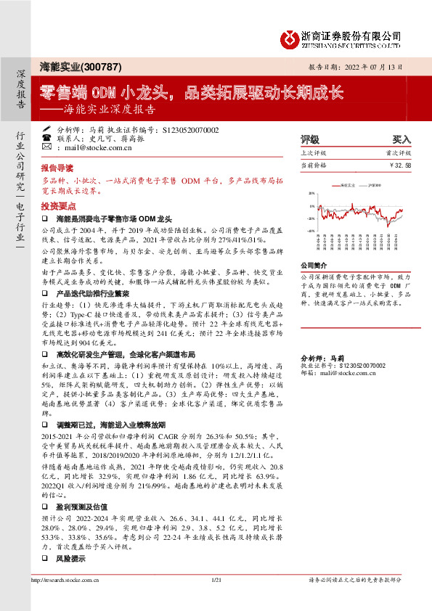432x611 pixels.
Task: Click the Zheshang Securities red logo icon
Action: [288, 36]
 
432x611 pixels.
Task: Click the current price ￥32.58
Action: [399, 165]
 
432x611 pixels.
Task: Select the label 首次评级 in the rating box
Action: [399, 153]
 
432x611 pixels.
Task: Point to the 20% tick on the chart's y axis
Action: [311, 194]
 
